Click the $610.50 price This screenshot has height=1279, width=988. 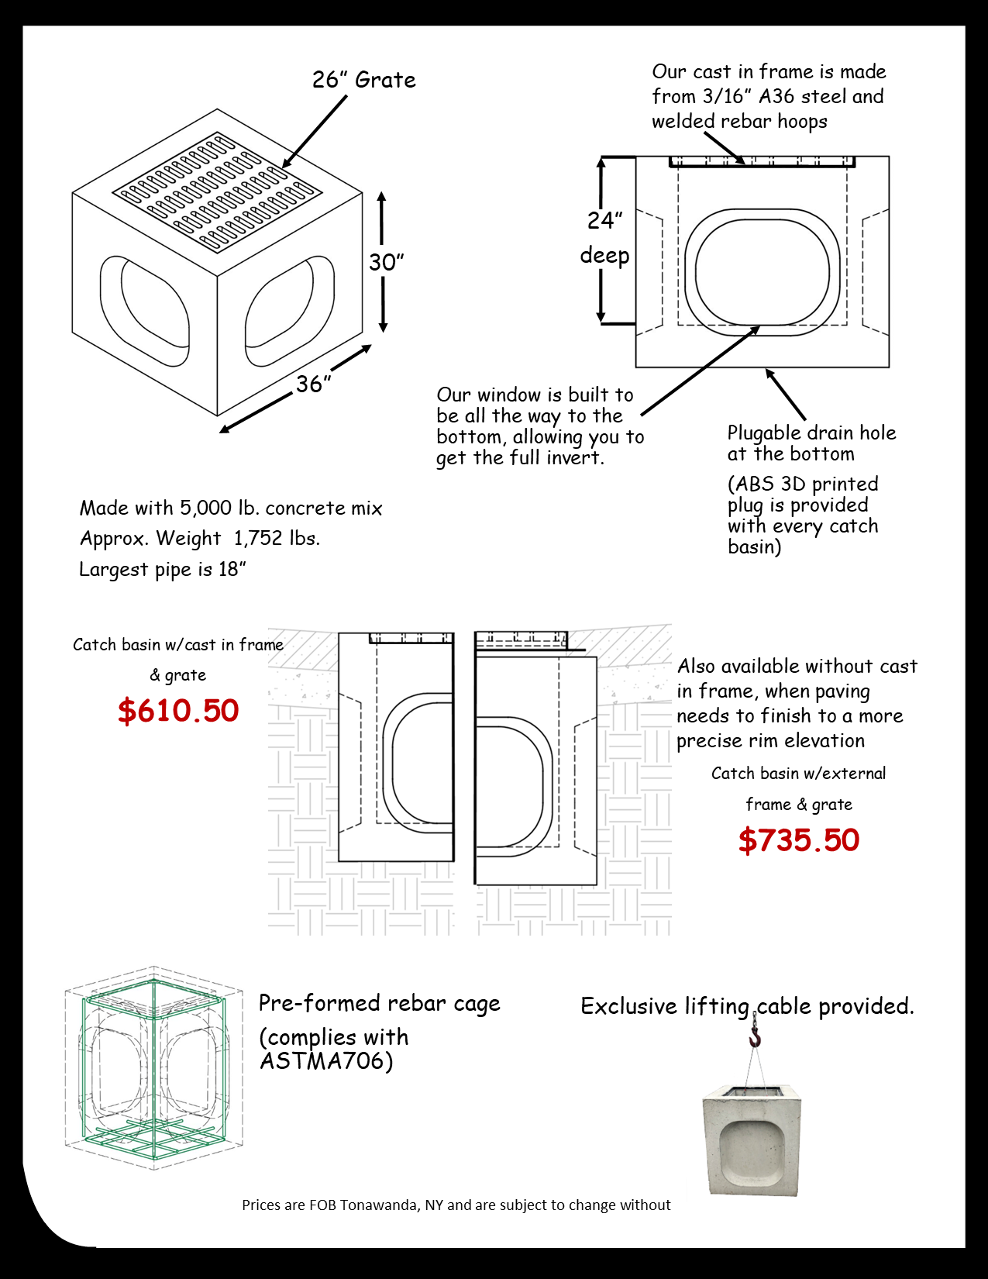coord(178,710)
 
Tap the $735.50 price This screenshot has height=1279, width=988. coord(798,840)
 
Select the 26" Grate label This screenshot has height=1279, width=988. coord(363,80)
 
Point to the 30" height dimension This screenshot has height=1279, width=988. coord(386,262)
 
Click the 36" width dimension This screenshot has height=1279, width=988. coord(313,384)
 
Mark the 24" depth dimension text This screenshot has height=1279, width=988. coord(605,220)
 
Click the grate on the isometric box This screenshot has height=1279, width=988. coord(217,192)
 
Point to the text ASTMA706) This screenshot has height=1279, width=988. coord(326,1060)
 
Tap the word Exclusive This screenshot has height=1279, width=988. coord(629,1006)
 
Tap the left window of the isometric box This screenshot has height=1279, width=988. coord(145,311)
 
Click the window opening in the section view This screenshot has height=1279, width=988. coord(762,272)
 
